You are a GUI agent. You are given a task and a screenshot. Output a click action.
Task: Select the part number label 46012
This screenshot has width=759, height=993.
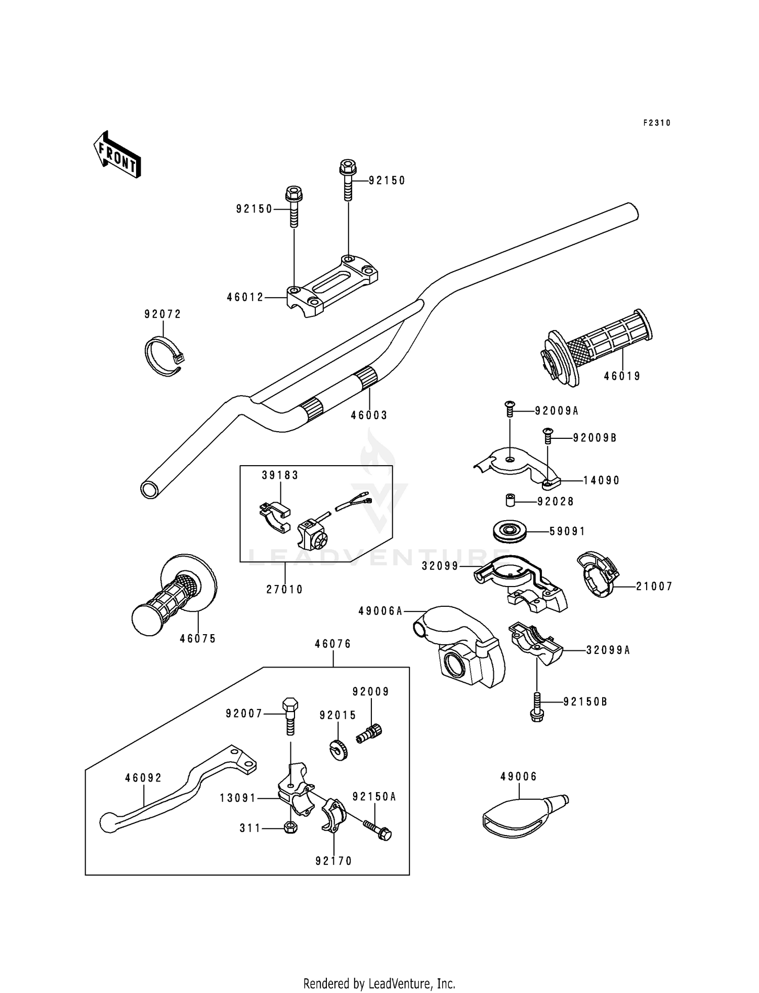coord(245,298)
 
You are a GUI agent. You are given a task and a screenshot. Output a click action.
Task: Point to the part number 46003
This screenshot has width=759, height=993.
coord(369,416)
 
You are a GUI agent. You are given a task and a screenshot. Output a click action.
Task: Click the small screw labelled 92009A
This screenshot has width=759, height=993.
coord(510,408)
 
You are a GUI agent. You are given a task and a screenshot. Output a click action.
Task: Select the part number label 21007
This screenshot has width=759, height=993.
coord(654,587)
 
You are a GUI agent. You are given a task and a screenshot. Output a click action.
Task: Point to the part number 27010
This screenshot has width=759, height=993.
coord(285,590)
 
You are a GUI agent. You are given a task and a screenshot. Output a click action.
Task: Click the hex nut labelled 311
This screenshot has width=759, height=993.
coord(290,828)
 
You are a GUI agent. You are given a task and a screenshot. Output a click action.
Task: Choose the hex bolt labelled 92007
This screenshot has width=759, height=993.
coord(290,717)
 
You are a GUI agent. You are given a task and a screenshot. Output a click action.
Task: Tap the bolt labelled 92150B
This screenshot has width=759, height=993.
coord(537,708)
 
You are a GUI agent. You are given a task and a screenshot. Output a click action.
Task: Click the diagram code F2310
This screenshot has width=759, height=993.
coord(657,123)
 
